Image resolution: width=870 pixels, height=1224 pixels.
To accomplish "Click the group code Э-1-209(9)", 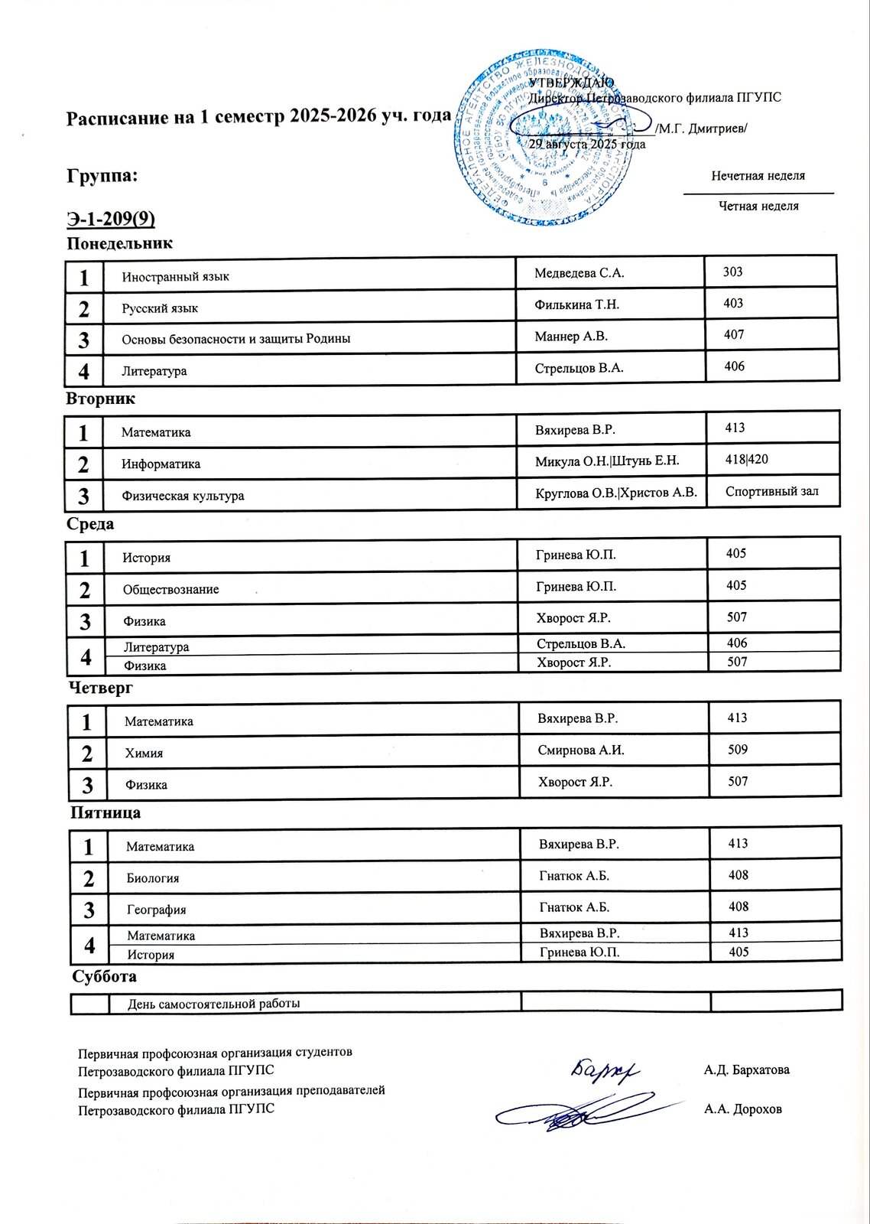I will click(111, 220).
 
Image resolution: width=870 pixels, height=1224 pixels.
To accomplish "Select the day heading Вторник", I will click(100, 399).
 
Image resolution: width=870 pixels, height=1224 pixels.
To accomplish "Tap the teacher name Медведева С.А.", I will click(579, 273).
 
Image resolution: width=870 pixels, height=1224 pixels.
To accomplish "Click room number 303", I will click(733, 272).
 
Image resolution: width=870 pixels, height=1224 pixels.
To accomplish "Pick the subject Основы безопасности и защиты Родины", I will click(236, 339).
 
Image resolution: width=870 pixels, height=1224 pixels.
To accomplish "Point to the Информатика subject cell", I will click(161, 464).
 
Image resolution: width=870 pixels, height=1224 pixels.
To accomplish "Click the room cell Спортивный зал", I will click(771, 491).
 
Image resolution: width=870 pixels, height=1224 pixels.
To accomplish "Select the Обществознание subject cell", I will click(171, 590).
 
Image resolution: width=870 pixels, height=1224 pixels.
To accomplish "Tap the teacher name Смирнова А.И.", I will click(581, 750).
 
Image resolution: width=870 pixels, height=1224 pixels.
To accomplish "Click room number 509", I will click(738, 750).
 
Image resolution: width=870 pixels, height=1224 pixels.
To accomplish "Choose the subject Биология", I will click(153, 878).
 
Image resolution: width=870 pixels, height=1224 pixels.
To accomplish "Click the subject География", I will click(157, 910).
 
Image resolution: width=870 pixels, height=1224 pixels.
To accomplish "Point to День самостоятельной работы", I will click(214, 1004).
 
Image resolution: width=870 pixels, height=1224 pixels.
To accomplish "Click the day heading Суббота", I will click(104, 977).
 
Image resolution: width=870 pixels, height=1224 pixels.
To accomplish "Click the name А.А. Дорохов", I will click(742, 1109).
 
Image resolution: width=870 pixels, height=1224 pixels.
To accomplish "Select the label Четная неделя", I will click(758, 206).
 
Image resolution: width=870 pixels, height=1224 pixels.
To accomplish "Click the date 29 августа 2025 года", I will click(587, 144).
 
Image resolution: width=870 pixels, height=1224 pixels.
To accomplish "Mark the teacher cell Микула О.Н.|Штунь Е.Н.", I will click(607, 461).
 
